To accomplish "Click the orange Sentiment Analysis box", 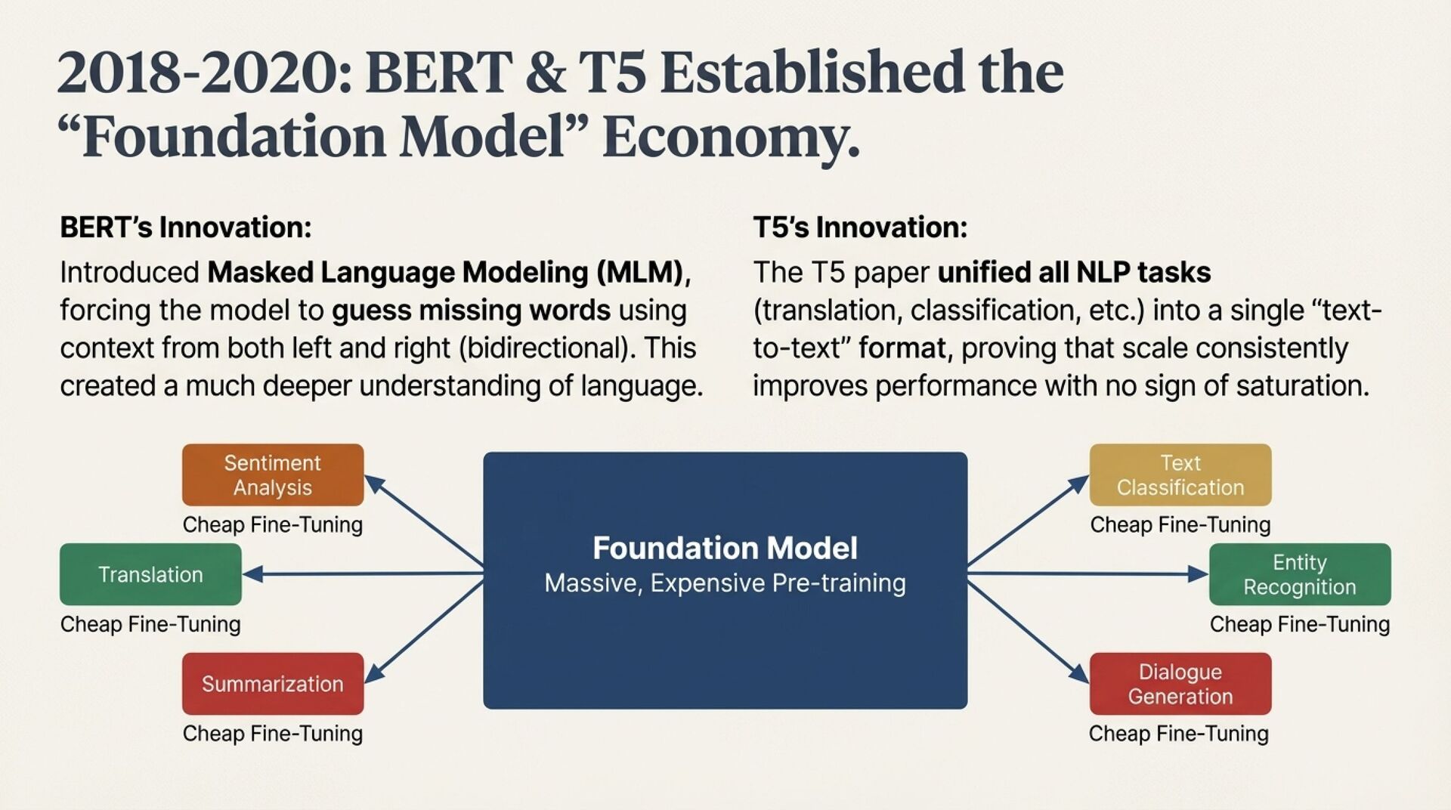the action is tap(272, 475).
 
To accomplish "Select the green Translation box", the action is tap(150, 574).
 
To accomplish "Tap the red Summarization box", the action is tap(272, 684).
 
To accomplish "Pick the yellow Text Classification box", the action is tap(1180, 475).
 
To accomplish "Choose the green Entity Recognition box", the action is tap(1299, 574).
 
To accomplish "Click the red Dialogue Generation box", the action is tap(1180, 684).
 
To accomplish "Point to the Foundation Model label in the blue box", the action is tap(725, 548).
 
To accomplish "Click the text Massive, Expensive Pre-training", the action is tap(725, 583).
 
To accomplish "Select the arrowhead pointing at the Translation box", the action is tap(252, 574).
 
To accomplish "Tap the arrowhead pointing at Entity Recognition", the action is tap(1199, 574).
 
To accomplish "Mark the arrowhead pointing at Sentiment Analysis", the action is tap(374, 484).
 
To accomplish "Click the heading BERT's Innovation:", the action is tap(186, 227).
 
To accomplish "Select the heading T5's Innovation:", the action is tap(860, 227).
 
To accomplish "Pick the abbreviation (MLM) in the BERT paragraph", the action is tap(639, 273).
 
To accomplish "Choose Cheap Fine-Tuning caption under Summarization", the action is tap(272, 734).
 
